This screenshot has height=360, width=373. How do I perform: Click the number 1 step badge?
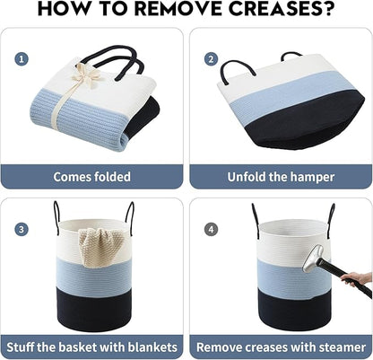(x=22, y=59)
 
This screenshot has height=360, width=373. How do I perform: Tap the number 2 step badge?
(x=211, y=59)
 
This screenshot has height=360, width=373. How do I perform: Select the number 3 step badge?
(x=22, y=230)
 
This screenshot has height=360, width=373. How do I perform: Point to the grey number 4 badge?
(x=211, y=230)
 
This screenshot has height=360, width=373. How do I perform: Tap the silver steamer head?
(x=313, y=259)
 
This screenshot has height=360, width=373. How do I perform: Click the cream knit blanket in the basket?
(x=98, y=248)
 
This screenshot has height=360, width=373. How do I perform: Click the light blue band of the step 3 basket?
(x=94, y=272)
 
